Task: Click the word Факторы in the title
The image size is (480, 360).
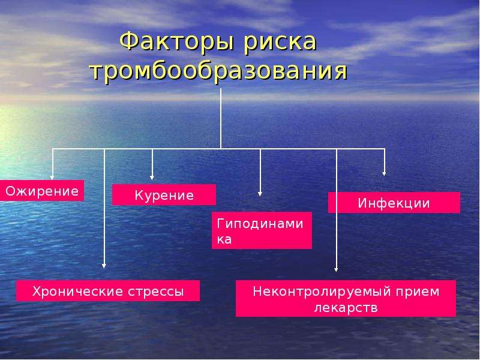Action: [177, 41]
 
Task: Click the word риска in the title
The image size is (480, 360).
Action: [280, 43]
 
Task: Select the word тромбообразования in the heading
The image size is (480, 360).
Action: [219, 72]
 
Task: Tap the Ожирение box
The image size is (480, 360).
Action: [42, 191]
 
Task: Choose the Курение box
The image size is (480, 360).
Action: [164, 194]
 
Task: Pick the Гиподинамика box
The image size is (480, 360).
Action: [262, 230]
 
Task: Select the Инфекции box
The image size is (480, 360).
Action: [394, 202]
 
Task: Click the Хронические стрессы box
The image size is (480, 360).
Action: [108, 291]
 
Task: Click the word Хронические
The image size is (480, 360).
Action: [78, 291]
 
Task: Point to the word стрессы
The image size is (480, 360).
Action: [156, 292]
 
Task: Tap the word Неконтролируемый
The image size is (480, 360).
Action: [322, 292]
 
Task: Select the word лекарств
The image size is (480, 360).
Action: [346, 308]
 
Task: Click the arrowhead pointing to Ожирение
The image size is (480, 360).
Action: [52, 178]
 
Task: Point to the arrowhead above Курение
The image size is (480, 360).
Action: [152, 178]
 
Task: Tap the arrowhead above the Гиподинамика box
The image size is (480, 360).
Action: [260, 194]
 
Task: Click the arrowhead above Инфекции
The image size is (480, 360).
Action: [384, 174]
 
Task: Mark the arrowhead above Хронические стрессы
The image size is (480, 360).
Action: [104, 266]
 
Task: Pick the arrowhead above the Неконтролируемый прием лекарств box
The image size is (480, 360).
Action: [336, 269]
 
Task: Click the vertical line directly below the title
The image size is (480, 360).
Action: [221, 119]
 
